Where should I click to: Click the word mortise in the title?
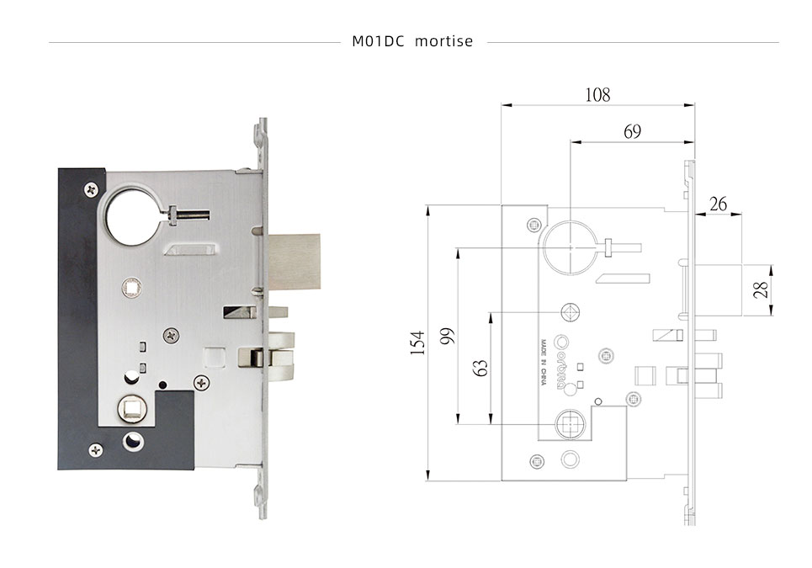(444, 41)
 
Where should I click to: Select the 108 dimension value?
(597, 94)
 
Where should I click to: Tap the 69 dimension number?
(632, 131)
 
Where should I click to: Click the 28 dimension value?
(761, 290)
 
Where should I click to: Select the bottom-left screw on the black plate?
(96, 450)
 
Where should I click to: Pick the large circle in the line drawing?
(570, 247)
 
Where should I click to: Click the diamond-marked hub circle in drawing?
(571, 313)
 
